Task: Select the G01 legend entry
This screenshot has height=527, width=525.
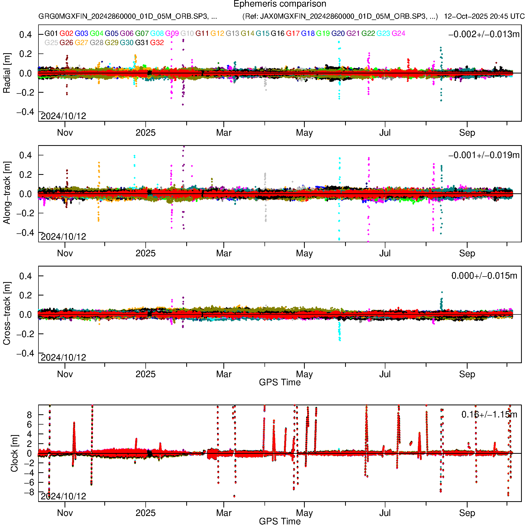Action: click(51, 33)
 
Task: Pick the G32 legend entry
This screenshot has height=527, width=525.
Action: click(157, 43)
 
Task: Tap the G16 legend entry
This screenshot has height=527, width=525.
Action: click(277, 33)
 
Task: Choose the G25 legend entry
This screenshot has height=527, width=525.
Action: click(51, 43)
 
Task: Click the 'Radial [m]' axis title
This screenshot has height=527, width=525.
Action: click(7, 73)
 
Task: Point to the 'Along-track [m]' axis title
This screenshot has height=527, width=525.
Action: click(7, 193)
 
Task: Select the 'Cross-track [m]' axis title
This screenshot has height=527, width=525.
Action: click(7, 314)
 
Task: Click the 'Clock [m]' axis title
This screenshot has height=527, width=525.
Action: click(14, 453)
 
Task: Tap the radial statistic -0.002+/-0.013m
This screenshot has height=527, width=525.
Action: click(484, 34)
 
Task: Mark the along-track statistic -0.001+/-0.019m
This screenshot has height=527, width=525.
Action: click(484, 155)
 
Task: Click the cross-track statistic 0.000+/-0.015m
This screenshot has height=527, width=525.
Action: click(484, 276)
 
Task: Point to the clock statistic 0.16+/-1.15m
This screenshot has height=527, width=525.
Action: click(489, 415)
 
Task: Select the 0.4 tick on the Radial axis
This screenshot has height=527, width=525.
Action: click(25, 35)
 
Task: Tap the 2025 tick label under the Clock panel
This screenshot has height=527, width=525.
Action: click(145, 513)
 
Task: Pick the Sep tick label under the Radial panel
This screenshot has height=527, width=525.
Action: click(467, 133)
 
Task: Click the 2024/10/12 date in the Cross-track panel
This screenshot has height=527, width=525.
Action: click(63, 357)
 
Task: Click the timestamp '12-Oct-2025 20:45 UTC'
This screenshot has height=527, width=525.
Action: click(484, 16)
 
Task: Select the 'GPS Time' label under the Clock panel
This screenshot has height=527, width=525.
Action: click(280, 521)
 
